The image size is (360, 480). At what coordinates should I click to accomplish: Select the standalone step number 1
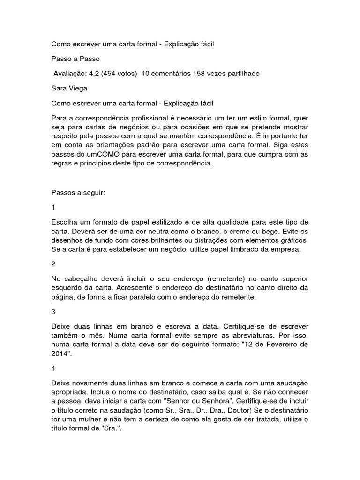click(x=53, y=207)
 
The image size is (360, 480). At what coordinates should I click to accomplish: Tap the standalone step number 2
click(x=53, y=264)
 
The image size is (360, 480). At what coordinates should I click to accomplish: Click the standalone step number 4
click(x=53, y=368)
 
